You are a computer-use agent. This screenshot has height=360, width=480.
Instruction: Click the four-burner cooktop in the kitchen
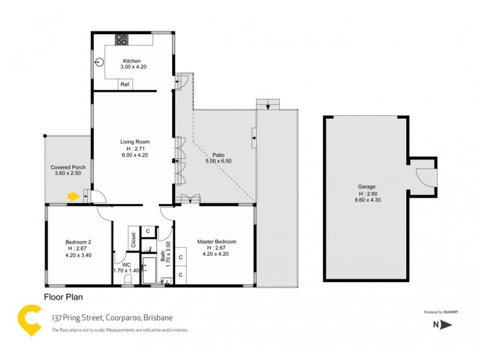122,39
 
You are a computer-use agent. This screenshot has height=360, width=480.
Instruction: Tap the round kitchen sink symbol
100,62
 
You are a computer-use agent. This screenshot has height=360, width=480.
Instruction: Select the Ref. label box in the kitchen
125,85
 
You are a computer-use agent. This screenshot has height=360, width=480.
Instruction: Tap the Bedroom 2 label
78,242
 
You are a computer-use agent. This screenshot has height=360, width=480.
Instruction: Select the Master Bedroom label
217,242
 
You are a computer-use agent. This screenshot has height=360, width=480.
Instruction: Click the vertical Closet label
134,241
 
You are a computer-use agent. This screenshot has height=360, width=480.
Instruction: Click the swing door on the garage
424,177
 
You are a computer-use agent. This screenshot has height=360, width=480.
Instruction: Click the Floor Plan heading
63,296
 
